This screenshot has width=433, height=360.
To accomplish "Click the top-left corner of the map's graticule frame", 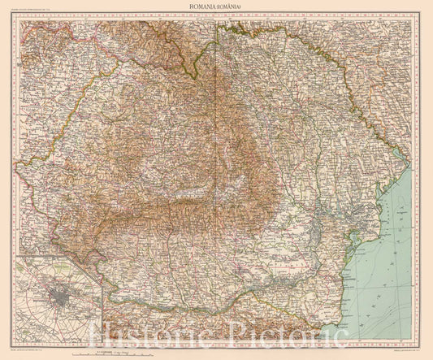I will pos(14,18).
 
